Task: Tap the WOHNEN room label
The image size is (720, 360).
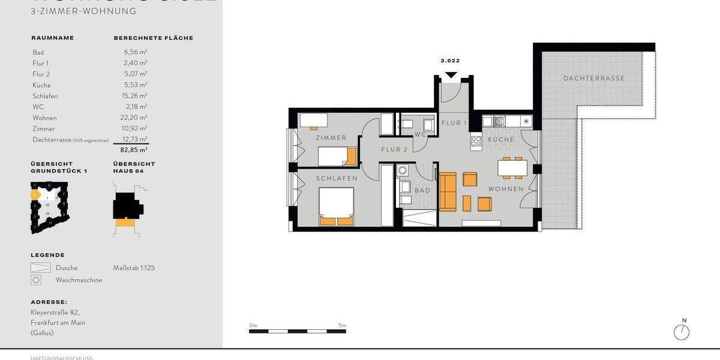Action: [x=505, y=189]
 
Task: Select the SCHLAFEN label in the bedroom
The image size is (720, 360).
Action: [x=337, y=178]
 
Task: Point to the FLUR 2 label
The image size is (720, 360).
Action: [x=394, y=149]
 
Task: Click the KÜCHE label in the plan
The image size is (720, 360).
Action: [x=500, y=139]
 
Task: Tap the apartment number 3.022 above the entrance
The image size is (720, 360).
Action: [x=450, y=61]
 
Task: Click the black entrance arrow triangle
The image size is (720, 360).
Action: [x=451, y=75]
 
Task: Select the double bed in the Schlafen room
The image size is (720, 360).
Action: [x=336, y=206]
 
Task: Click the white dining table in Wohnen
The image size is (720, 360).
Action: [x=512, y=168]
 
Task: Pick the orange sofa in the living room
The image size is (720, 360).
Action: [x=448, y=192]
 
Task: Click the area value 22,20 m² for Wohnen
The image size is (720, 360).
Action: [x=135, y=118]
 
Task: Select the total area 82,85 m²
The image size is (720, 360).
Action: [x=135, y=149]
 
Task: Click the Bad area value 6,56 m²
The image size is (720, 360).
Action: [x=135, y=52]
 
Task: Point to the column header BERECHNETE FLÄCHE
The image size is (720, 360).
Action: [x=153, y=38]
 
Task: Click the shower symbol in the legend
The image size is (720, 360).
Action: [x=40, y=268]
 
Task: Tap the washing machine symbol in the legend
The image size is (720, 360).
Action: [x=37, y=280]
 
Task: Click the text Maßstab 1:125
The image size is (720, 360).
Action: [x=134, y=268]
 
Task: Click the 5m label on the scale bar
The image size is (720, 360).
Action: [x=342, y=325]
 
